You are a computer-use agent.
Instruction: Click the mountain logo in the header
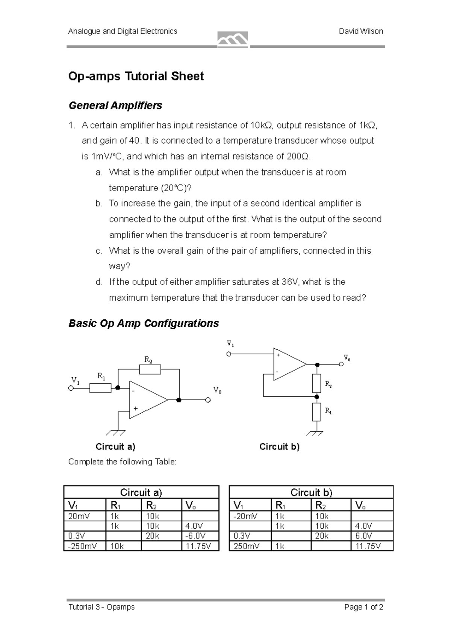233,39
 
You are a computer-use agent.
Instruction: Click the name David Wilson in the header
361,32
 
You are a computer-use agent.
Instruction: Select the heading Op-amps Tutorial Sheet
136,76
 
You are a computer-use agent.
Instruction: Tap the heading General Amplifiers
115,106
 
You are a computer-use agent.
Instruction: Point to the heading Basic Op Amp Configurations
143,323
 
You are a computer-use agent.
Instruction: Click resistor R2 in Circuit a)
150,370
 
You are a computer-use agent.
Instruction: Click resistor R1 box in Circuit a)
100,388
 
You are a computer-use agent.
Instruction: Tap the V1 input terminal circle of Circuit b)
229,354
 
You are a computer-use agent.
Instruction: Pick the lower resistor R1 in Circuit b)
317,412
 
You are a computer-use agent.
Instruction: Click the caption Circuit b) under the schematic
279,447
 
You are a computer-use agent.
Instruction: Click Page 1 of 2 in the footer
363,607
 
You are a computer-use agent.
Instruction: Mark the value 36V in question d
291,282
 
